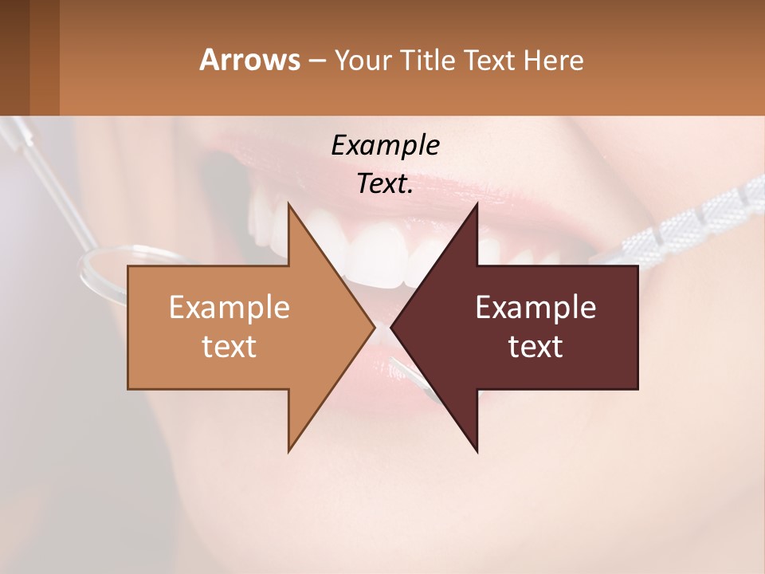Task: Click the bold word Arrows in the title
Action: (x=249, y=60)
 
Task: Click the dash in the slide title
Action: (x=316, y=61)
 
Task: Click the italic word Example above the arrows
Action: (x=385, y=145)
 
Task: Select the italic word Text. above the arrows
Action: (x=385, y=184)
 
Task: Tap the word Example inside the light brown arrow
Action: (x=229, y=307)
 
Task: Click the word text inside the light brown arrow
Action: (x=229, y=346)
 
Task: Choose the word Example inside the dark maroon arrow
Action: (x=535, y=307)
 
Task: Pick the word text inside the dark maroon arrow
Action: (x=535, y=346)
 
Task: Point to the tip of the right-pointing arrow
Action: (x=373, y=327)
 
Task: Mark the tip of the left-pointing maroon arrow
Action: (x=392, y=327)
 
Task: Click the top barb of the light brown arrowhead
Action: (x=290, y=209)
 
